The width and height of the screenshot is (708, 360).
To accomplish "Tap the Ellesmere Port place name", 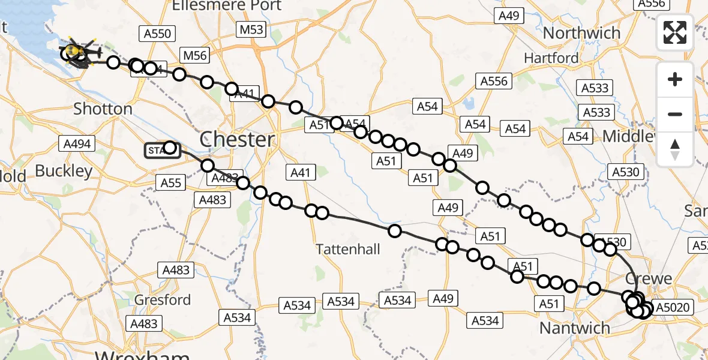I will (226, 6).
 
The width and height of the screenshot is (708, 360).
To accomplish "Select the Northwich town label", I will (581, 33).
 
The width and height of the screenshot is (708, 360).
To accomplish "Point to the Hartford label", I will (551, 58).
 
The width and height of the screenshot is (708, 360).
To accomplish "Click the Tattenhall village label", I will (348, 249).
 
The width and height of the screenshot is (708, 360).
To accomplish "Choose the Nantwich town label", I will (574, 328).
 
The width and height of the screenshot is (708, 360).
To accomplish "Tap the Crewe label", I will (649, 279).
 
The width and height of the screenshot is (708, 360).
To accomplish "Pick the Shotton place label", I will (103, 109).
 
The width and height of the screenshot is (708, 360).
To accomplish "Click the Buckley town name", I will (64, 171).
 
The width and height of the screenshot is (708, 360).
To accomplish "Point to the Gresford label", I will (163, 299).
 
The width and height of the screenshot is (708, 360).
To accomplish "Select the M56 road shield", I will (195, 56).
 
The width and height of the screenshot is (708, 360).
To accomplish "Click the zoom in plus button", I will (675, 80).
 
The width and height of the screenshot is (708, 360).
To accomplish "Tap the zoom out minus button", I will (675, 114).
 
